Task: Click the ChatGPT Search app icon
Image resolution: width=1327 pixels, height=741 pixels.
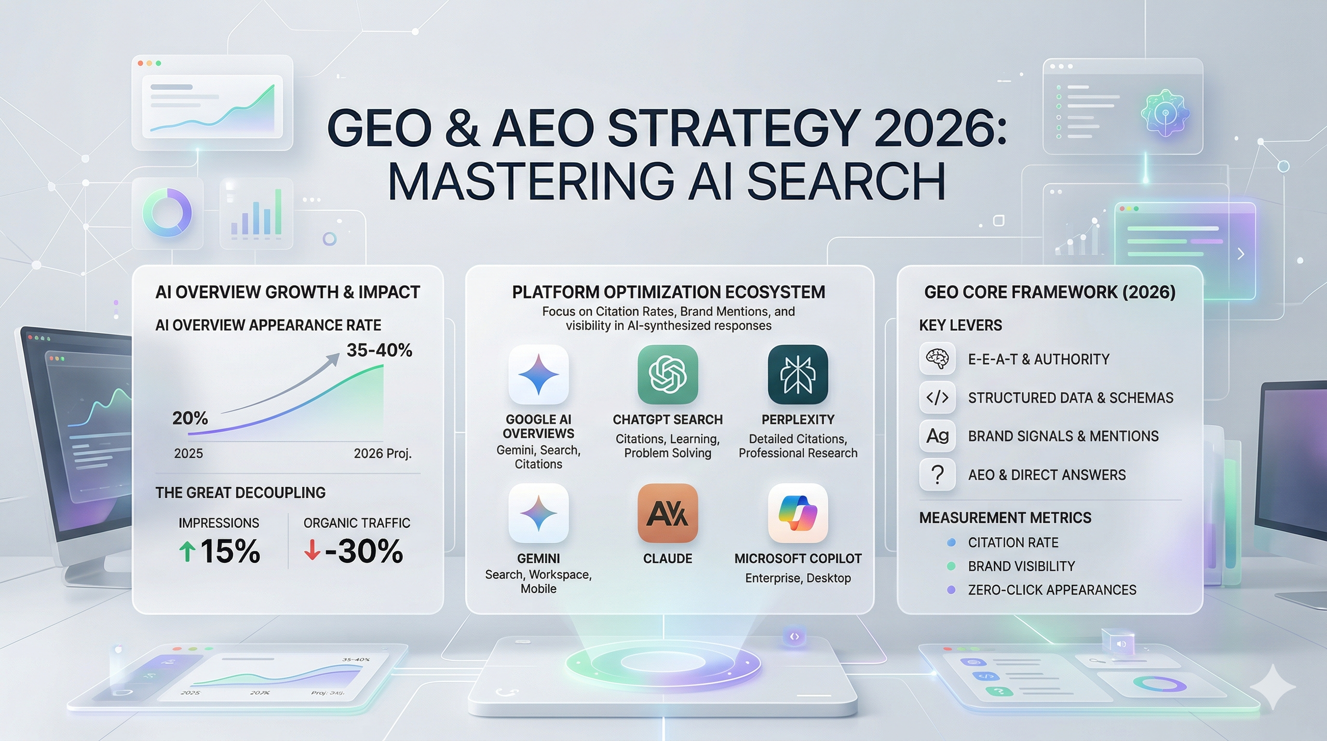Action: point(668,375)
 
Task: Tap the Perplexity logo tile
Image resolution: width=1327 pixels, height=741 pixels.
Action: point(798,375)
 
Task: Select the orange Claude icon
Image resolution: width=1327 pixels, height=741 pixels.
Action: point(668,513)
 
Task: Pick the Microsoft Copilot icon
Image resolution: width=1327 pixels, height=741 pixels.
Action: point(798,513)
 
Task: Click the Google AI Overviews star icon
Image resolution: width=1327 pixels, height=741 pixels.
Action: point(538,375)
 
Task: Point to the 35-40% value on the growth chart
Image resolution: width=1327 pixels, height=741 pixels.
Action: point(379,350)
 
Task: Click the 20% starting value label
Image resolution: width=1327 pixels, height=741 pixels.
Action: point(190,418)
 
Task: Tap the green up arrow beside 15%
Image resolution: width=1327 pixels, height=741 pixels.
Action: point(187,552)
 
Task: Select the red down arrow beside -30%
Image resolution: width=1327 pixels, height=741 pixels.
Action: point(311,550)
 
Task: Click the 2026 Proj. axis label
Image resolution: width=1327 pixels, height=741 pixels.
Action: point(382,453)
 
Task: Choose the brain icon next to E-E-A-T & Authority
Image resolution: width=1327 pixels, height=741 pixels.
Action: point(937,358)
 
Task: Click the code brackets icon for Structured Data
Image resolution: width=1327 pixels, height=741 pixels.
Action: point(937,398)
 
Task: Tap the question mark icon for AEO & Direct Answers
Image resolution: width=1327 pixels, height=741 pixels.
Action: point(937,475)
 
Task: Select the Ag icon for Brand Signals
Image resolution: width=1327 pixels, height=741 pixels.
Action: point(937,436)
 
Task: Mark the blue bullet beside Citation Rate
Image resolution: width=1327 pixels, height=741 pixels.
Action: point(951,543)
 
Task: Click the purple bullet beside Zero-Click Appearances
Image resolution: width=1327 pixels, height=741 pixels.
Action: point(951,590)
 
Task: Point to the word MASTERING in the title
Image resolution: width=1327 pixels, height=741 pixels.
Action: point(530,181)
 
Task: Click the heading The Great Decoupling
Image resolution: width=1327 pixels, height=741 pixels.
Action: point(241,493)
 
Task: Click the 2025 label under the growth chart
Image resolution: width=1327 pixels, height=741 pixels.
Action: point(189,453)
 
